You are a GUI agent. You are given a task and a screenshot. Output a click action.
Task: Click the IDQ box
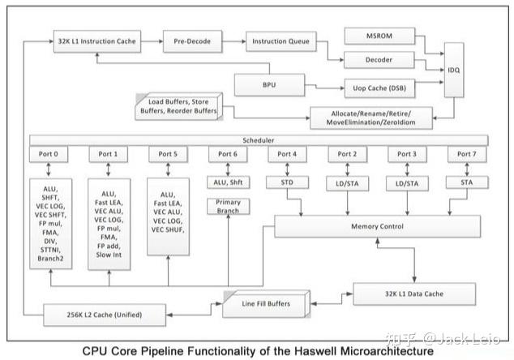coord(456,72)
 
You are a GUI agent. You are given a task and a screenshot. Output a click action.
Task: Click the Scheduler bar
coord(259,139)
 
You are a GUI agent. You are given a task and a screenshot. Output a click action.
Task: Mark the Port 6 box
coord(229,153)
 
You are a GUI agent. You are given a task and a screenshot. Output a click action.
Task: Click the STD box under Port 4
coord(288,182)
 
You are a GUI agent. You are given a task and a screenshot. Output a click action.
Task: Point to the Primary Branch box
coord(229,207)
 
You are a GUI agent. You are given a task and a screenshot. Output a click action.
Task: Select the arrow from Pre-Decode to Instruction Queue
coord(232,40)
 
